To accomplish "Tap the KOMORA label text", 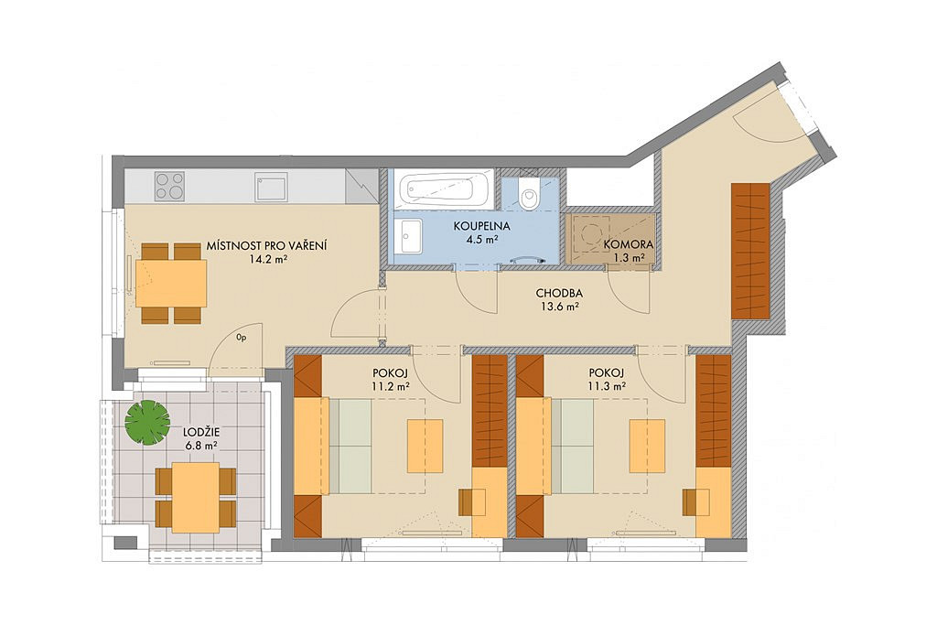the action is tap(628, 244).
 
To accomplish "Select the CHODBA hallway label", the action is tap(559, 294).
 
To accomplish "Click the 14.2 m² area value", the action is tap(267, 259).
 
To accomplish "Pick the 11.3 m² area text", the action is tap(608, 385).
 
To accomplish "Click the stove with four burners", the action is tap(169, 186).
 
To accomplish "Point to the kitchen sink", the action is tap(271, 187).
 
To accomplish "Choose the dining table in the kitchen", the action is tap(171, 284).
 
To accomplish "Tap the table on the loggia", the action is tap(196, 497).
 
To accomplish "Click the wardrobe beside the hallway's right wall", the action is tap(750, 251).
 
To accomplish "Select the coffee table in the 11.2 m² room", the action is tap(425, 446).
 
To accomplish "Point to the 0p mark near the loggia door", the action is tap(242, 338).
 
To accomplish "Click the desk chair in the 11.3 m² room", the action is tap(693, 501).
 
